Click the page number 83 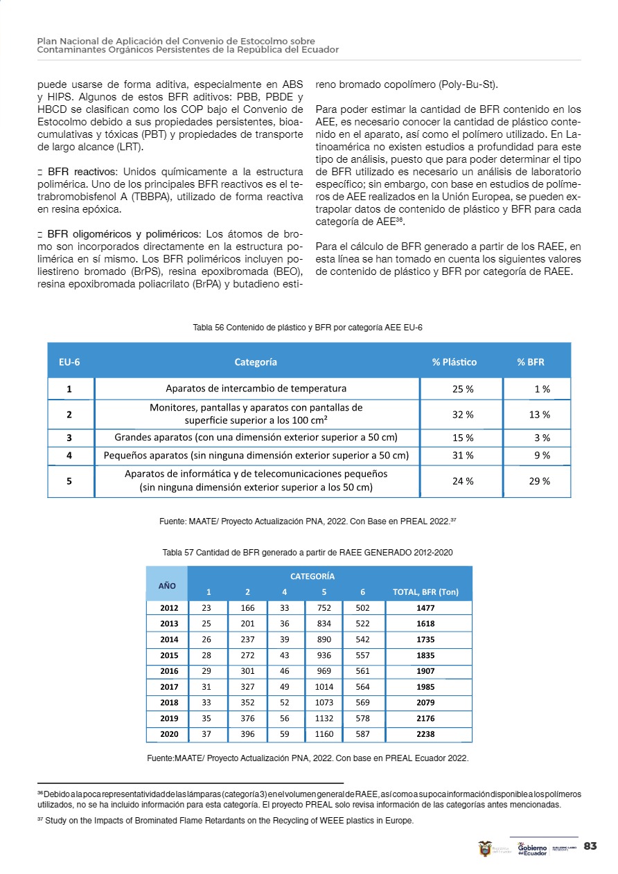[x=590, y=846]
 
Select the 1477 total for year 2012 [x=425, y=607]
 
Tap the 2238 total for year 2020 [x=425, y=733]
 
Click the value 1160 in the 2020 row [x=324, y=733]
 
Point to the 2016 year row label [x=169, y=671]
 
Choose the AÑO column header [x=167, y=585]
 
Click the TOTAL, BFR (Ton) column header [x=425, y=592]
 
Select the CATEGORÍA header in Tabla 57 [x=312, y=576]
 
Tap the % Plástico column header [x=454, y=362]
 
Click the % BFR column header [x=531, y=362]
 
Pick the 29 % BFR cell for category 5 [x=539, y=481]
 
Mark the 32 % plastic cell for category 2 [x=463, y=414]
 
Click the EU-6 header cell [x=69, y=362]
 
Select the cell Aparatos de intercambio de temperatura [x=256, y=389]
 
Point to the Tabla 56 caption [x=308, y=328]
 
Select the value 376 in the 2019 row [x=247, y=718]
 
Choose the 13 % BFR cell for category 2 [x=539, y=414]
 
